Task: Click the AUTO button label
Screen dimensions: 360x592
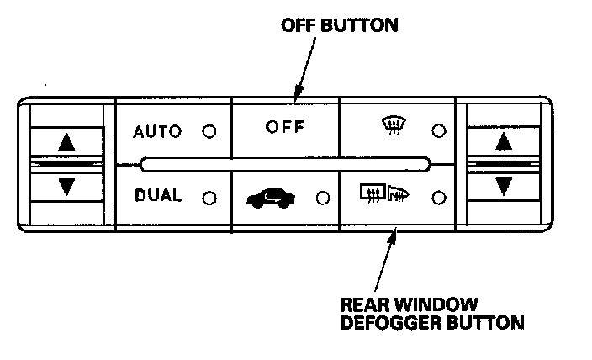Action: point(157,131)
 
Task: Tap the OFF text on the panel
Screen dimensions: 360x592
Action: point(285,128)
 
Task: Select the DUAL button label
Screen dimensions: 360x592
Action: point(158,196)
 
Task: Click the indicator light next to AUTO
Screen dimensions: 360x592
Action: point(209,132)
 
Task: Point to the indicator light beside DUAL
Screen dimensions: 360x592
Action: point(209,199)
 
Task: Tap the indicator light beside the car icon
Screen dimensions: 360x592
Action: point(322,199)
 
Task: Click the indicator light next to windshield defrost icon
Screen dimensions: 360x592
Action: point(437,131)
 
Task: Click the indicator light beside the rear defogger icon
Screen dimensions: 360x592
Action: point(437,199)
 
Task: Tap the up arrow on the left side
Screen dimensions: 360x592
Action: point(66,142)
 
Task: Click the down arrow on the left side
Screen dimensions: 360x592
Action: point(66,186)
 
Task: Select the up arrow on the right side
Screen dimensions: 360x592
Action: point(503,140)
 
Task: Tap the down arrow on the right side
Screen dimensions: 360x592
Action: point(503,185)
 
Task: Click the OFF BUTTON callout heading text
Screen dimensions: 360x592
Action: point(339,25)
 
